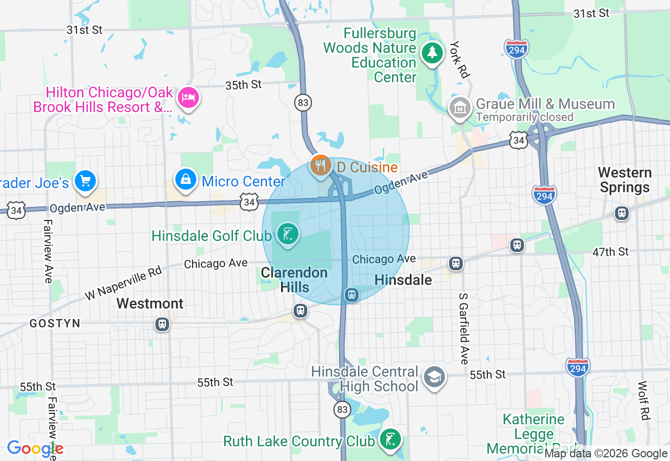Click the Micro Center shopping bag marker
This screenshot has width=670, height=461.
point(185,180)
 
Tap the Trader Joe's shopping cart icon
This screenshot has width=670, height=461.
point(84,181)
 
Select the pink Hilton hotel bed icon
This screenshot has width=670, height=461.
point(188,97)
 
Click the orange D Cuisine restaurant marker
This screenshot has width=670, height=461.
point(320,166)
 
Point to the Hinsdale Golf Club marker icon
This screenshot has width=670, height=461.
point(287,234)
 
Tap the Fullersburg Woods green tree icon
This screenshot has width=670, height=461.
point(432,52)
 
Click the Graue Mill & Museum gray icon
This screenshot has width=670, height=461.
point(460,108)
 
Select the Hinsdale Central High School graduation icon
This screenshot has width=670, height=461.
point(434,377)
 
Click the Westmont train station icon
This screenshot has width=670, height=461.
point(163,324)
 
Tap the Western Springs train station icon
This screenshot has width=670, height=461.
point(621,213)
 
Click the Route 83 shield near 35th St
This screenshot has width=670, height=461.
point(303,103)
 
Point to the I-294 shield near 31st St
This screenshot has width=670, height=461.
point(517,48)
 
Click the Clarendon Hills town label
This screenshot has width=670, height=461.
point(294,280)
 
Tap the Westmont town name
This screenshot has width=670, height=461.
point(150,303)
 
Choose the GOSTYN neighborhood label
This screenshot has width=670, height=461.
point(55,324)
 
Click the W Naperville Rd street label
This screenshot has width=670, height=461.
point(124,284)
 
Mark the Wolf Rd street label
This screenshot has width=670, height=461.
point(643,400)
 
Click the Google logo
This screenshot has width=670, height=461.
point(35,449)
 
